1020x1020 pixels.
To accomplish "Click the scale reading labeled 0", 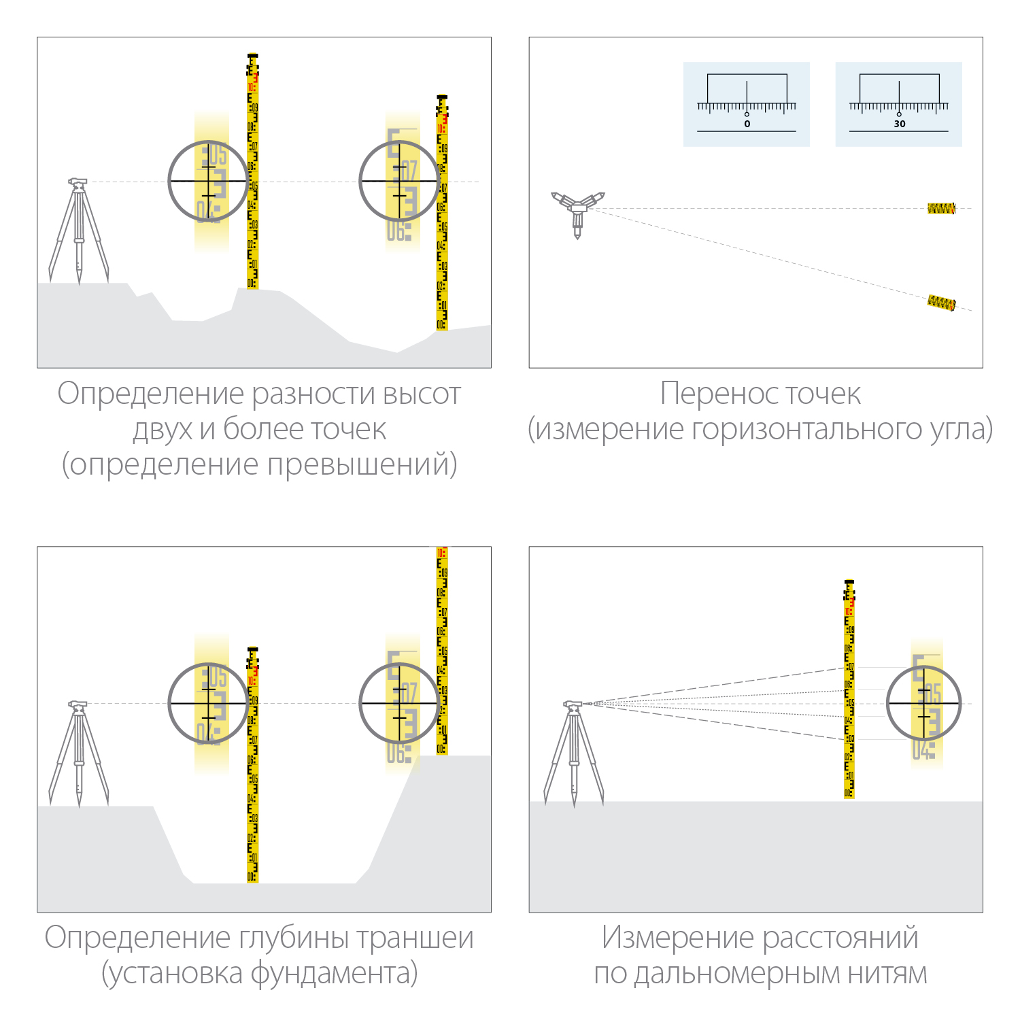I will point(747,124).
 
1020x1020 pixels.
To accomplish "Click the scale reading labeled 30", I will point(899,124).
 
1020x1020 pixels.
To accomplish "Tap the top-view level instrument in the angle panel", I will point(577,209).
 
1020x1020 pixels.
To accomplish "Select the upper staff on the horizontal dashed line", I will point(941,209).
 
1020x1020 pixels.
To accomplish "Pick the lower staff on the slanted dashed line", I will point(942,303).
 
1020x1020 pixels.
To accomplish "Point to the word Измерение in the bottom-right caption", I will point(677,938).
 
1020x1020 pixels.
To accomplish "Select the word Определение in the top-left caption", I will point(150,394).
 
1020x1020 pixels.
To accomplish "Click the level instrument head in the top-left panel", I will point(78,182).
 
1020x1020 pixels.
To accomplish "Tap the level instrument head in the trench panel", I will point(78,704).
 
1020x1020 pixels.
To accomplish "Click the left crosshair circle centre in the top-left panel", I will point(208,181).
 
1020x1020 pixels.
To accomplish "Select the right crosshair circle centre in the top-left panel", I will point(399,181).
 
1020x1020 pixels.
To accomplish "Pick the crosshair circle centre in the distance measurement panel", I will point(924,703).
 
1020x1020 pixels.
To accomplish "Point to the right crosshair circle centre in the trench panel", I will point(399,703).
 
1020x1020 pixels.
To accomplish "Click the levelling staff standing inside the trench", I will point(253,782).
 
